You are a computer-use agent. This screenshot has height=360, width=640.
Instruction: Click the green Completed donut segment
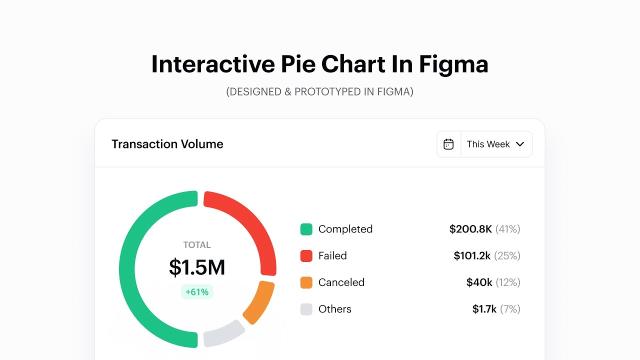click(127, 270)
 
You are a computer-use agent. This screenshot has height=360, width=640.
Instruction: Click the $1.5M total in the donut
click(197, 267)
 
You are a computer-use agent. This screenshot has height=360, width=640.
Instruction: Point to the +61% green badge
click(197, 292)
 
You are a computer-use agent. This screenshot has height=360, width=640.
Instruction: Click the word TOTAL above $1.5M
click(197, 245)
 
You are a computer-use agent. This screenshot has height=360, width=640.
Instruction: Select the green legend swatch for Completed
click(306, 229)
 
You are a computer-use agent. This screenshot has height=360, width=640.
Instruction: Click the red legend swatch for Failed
click(306, 256)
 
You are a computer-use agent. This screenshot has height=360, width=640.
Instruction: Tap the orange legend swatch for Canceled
click(306, 282)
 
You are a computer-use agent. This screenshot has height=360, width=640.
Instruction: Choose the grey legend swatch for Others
click(306, 309)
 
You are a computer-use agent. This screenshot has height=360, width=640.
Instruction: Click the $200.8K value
click(470, 229)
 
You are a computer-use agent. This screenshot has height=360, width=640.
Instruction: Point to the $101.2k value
click(472, 256)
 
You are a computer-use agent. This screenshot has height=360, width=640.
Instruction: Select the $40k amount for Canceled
click(479, 282)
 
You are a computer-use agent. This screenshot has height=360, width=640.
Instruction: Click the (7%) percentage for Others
click(510, 309)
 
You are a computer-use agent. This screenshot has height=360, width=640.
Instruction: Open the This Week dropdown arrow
click(520, 144)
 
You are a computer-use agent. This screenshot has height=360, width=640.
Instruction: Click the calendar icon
click(448, 144)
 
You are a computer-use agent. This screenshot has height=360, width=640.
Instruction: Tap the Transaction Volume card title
click(167, 144)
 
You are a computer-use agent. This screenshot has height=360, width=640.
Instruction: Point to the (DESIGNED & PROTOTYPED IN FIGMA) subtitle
click(320, 92)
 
